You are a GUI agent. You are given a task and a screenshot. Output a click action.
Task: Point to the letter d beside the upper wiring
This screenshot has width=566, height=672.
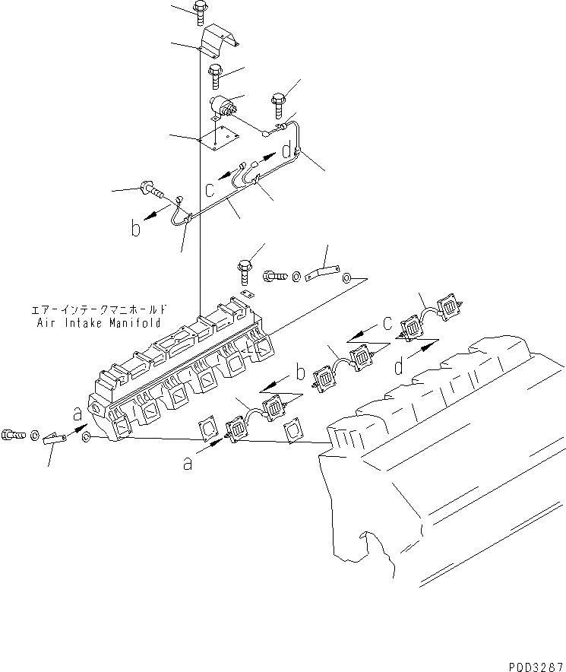(x=286, y=151)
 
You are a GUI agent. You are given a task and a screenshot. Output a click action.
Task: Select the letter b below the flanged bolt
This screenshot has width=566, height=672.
(x=135, y=228)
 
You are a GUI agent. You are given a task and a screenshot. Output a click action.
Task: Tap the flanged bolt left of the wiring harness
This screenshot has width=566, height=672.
(x=149, y=187)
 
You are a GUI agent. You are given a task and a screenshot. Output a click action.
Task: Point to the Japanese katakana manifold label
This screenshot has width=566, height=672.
(x=98, y=310)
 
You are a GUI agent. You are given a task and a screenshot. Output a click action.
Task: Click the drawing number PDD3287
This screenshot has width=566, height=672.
(x=531, y=664)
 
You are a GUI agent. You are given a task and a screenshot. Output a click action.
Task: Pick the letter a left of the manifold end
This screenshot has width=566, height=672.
(x=78, y=415)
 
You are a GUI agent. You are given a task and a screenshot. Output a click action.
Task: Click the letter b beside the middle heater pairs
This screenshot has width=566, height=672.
(x=301, y=372)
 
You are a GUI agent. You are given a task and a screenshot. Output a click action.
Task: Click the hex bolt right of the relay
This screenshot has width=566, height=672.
(x=277, y=100)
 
